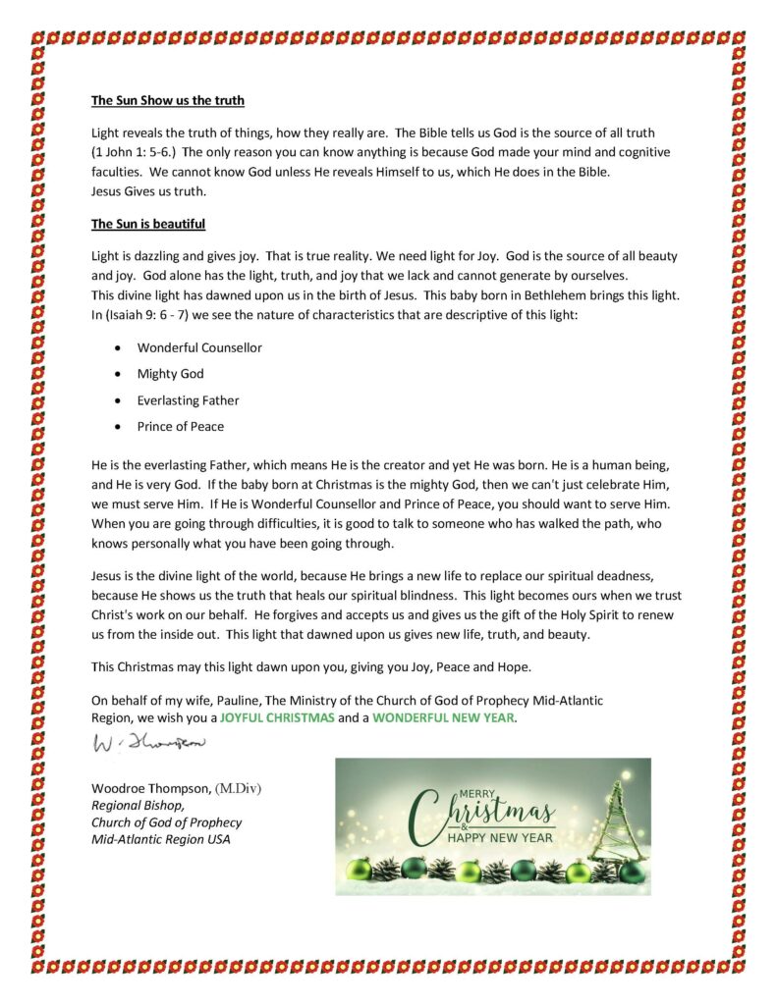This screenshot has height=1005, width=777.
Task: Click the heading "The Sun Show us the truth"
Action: point(168,100)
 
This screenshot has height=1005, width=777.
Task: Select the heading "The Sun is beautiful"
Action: point(148,224)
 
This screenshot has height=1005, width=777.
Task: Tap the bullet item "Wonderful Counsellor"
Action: point(199,347)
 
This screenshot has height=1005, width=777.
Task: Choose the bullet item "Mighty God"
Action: point(170,374)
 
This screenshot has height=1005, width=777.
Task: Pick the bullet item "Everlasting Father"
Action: point(188,400)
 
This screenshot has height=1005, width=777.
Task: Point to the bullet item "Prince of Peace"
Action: point(180,426)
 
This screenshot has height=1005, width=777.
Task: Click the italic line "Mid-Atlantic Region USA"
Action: point(160,840)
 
